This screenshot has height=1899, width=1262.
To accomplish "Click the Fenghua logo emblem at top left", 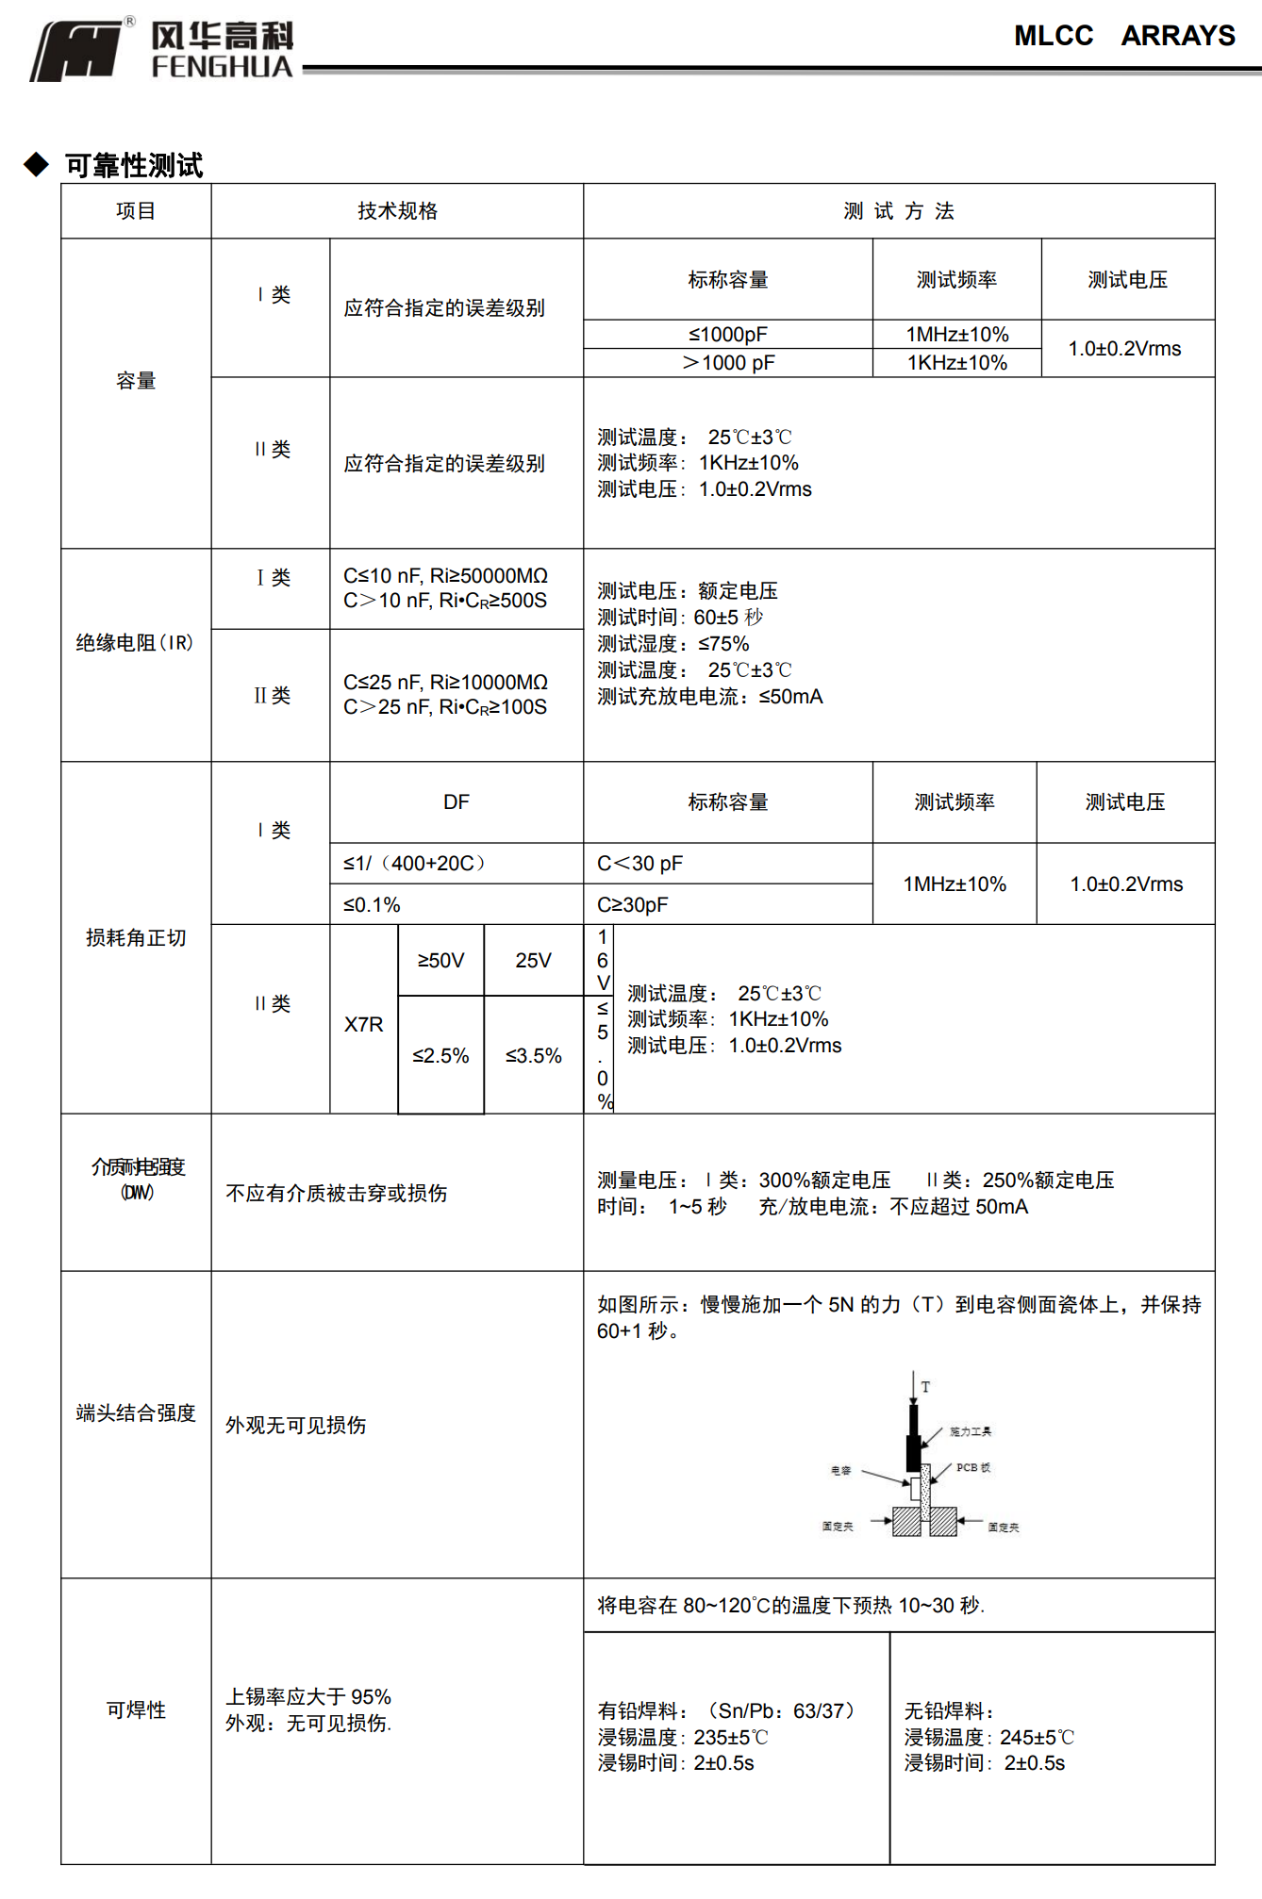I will (x=77, y=51).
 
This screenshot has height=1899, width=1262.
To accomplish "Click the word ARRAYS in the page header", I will (x=1177, y=36).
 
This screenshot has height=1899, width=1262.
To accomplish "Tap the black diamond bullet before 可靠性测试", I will (x=37, y=165).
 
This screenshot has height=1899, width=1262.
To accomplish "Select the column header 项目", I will (x=136, y=211).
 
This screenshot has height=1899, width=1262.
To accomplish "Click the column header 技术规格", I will (x=397, y=211).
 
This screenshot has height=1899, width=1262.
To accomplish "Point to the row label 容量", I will (x=136, y=381).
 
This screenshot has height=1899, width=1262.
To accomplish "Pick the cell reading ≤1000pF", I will (x=727, y=335).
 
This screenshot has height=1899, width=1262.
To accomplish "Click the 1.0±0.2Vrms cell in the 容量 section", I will (x=1124, y=349).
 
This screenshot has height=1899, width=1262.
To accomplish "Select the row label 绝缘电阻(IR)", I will (x=135, y=643).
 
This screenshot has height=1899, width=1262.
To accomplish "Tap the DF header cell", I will (x=457, y=802).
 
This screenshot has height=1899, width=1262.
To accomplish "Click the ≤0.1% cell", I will (x=373, y=905).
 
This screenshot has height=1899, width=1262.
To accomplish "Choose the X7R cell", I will (x=364, y=1025).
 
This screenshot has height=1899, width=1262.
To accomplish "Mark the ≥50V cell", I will (x=440, y=961).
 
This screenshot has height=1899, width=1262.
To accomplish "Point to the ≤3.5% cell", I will (x=533, y=1056).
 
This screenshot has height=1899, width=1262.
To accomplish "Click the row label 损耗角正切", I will (x=136, y=938).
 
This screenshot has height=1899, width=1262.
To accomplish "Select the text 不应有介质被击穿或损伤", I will (x=337, y=1194).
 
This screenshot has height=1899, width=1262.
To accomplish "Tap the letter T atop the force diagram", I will (x=925, y=1387).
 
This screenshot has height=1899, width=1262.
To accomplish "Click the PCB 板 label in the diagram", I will (x=972, y=1468).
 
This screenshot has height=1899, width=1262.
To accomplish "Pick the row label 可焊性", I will (x=136, y=1710).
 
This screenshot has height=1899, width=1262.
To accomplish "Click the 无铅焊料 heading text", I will (x=948, y=1711).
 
